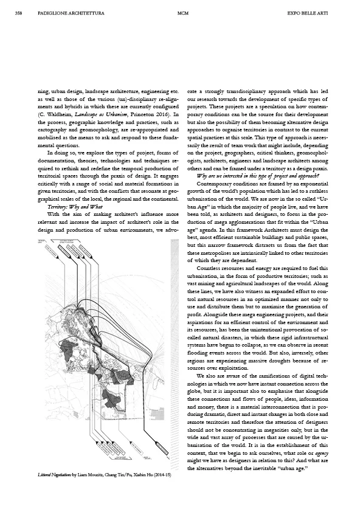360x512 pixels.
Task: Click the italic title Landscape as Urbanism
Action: coord(97,113)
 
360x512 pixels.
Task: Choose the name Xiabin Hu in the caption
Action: coord(135,473)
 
